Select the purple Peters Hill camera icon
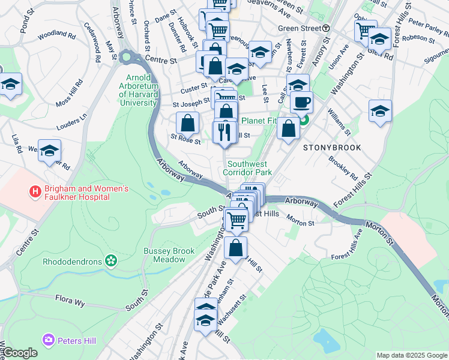point(49,340)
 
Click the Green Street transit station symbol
point(326,28)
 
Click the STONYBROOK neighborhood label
point(332,147)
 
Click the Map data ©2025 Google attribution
point(411,355)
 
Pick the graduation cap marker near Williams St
point(380,111)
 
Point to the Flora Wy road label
point(72,298)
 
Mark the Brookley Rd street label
point(343,169)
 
